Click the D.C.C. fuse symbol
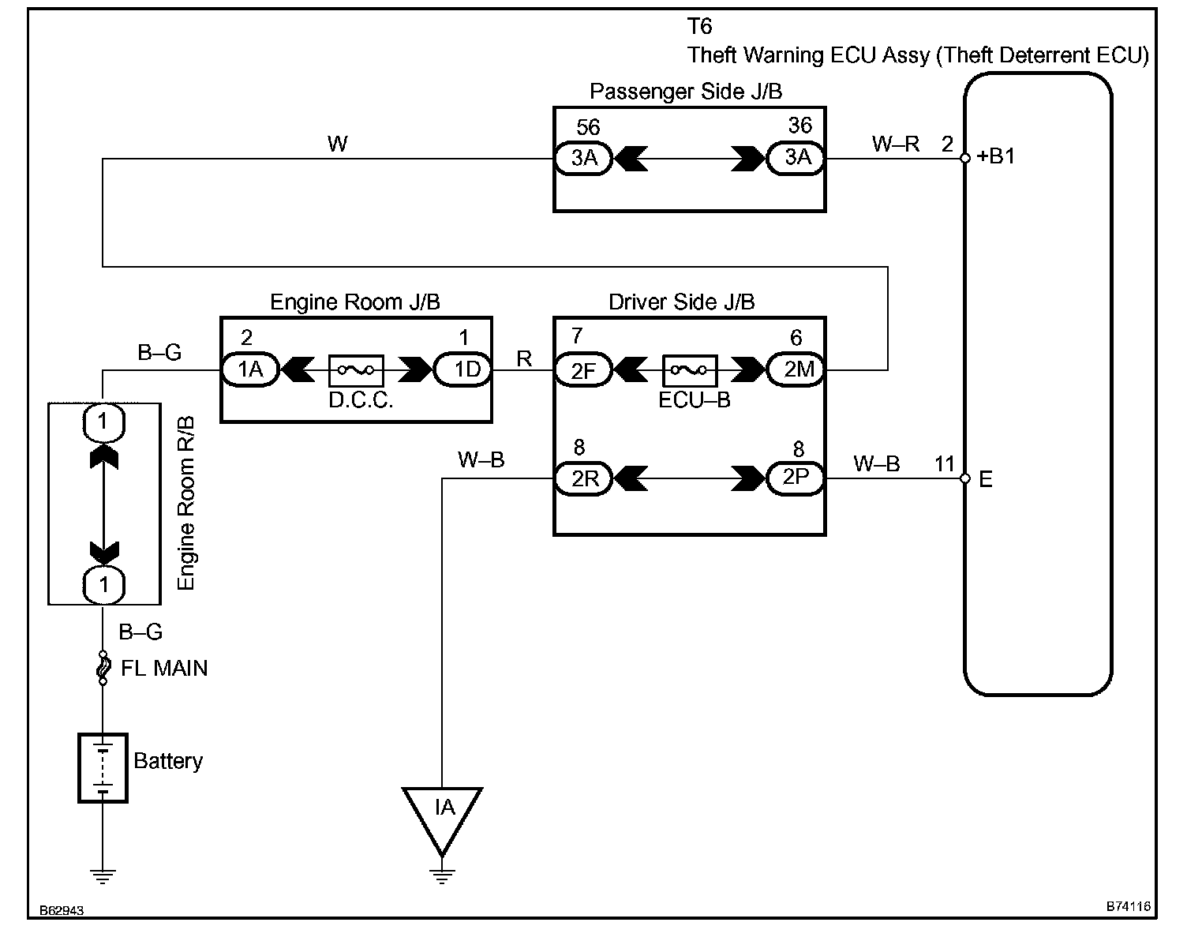click(356, 369)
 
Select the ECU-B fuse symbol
click(690, 369)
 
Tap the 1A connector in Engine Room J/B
click(250, 369)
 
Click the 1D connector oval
click(462, 369)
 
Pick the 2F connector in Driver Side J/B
click(583, 369)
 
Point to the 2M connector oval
click(796, 369)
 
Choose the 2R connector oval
click(583, 478)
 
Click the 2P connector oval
click(796, 478)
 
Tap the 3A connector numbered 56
click(583, 159)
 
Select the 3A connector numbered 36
click(796, 158)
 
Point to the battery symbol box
click(103, 767)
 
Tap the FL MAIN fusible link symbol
click(103, 668)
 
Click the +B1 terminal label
click(995, 157)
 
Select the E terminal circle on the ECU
click(965, 478)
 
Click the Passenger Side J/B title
click(686, 92)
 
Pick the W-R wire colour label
click(895, 144)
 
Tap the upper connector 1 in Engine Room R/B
click(103, 423)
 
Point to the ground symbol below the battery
click(103, 876)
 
